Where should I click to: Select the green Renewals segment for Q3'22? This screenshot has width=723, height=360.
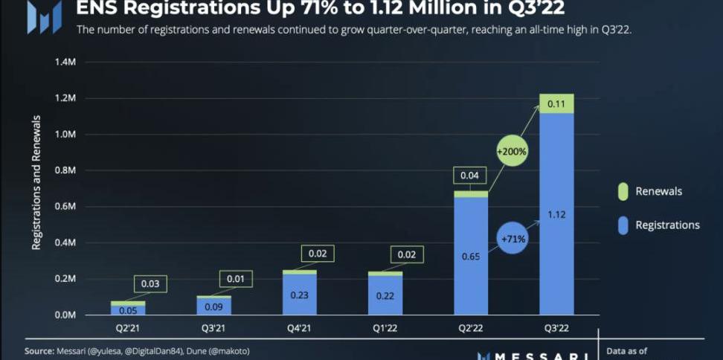[x=556, y=103]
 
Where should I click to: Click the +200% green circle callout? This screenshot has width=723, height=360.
[x=512, y=152]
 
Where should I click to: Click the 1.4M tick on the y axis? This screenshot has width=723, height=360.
[x=64, y=62]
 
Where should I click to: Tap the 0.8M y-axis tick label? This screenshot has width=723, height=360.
[x=64, y=170]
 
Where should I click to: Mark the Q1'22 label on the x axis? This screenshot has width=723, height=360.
[x=385, y=327]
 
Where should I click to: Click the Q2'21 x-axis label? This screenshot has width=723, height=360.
[x=129, y=327]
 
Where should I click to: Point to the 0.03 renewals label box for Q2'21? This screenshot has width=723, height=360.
[x=150, y=283]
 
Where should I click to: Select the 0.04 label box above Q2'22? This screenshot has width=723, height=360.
[x=470, y=176]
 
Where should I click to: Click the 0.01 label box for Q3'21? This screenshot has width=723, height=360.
[x=236, y=278]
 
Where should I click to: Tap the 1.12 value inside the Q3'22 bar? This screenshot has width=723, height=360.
[x=556, y=215]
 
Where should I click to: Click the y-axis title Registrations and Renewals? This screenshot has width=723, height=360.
[x=36, y=182]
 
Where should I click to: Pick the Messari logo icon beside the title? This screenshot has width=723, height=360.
[x=43, y=16]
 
